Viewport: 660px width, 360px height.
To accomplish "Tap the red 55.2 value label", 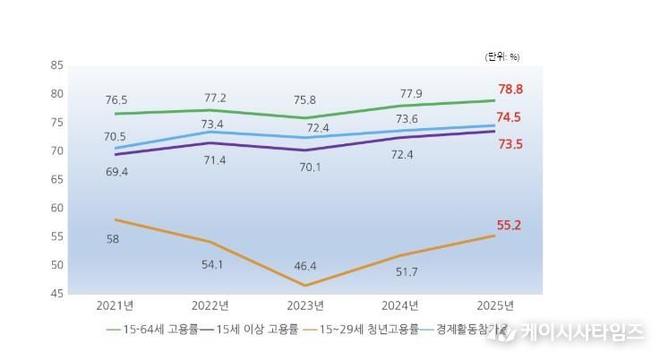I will pos(510,226).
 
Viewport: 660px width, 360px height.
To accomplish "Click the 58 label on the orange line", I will pos(113,239).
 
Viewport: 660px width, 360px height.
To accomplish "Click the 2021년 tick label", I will pos(116,305).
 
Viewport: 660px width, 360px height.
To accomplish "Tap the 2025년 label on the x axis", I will pos(494,305).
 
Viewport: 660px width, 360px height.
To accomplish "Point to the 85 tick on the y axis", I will pos(57,65).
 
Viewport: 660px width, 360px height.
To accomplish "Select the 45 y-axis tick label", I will pos(57,294).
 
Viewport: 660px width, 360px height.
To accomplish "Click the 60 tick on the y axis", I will pos(57,208).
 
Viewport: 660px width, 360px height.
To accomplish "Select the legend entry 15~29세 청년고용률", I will pos(364,330).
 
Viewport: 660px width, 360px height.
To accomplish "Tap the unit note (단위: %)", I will pos(502,56).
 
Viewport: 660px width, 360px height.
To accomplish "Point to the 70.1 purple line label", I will pos(311,166).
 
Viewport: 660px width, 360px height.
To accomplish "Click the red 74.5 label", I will pos(510,117).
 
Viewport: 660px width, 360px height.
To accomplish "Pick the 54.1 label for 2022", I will pos(213,264).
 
